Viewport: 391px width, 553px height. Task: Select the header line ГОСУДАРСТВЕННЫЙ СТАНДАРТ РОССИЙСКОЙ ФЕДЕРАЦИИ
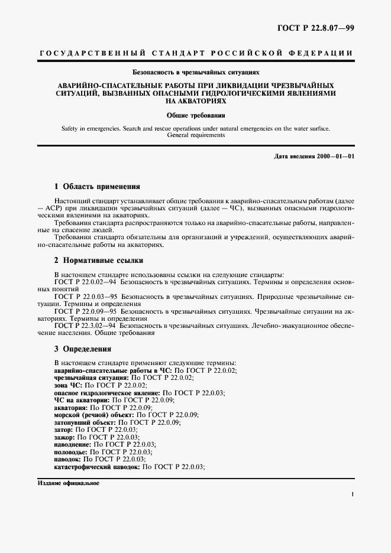[x=196, y=53]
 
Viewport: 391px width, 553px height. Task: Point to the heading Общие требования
[x=196, y=116]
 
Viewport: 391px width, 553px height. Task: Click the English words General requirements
[x=196, y=135]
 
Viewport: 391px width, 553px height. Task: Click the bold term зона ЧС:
[x=68, y=385]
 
